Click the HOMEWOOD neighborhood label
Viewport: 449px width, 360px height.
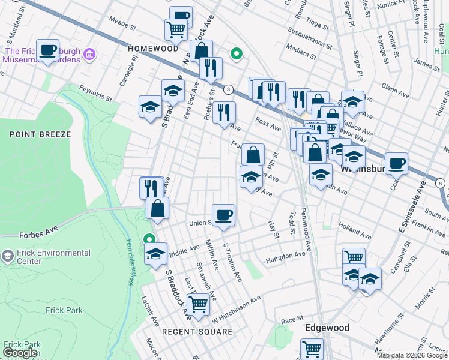point(153,48)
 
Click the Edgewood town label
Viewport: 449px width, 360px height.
point(327,328)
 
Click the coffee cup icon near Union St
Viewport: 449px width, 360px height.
point(223,214)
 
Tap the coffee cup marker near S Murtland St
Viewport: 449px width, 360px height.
point(47,50)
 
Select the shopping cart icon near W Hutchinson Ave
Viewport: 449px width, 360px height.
point(198,303)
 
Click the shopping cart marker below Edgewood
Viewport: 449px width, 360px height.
point(312,348)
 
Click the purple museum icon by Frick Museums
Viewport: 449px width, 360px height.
point(90,55)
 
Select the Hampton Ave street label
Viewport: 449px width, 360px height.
point(285,256)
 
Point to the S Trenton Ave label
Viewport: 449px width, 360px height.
point(232,262)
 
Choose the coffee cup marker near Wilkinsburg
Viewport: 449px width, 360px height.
point(396,163)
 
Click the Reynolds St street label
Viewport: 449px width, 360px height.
point(95,94)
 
